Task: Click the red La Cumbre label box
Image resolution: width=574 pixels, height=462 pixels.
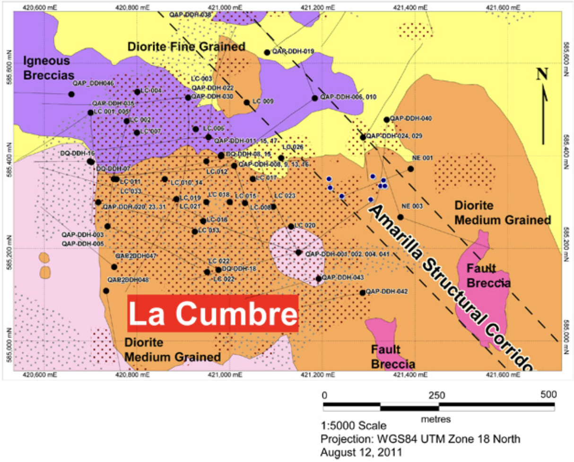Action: [213, 314]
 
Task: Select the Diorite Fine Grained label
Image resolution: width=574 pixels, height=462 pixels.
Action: [186, 46]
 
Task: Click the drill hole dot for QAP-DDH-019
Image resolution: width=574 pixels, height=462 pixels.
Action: [267, 52]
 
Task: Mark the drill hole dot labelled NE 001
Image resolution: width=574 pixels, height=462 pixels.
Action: [410, 169]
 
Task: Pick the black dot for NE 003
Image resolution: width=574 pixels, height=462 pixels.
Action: [400, 217]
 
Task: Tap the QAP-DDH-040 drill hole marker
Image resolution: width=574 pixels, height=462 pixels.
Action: [386, 120]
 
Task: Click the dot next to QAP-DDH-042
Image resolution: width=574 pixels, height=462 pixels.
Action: [363, 292]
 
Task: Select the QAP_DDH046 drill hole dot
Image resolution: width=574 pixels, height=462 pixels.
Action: [71, 94]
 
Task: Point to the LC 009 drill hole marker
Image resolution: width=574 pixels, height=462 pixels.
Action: [246, 102]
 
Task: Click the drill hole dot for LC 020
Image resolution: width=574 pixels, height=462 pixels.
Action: [291, 226]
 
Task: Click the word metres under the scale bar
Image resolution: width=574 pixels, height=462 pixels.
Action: [435, 419]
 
